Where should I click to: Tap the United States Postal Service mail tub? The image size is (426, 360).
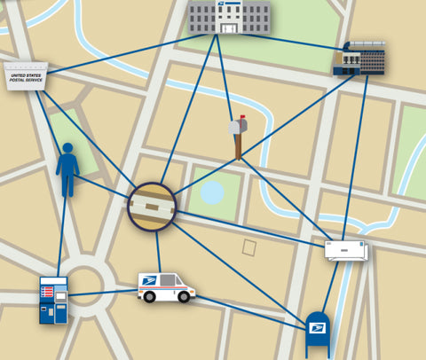[26, 77]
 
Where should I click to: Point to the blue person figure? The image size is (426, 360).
[67, 169]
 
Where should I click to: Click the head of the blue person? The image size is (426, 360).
[68, 148]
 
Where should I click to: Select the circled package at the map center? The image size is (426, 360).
[152, 207]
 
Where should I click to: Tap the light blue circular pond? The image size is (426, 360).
[212, 192]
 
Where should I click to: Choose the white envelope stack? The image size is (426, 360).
[346, 251]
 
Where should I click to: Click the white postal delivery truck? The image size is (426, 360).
[167, 287]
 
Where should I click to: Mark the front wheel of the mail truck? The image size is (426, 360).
[185, 297]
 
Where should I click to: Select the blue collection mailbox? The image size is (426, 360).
[317, 335]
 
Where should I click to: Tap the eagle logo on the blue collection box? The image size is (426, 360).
[317, 328]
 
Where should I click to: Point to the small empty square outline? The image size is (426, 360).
[250, 247]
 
